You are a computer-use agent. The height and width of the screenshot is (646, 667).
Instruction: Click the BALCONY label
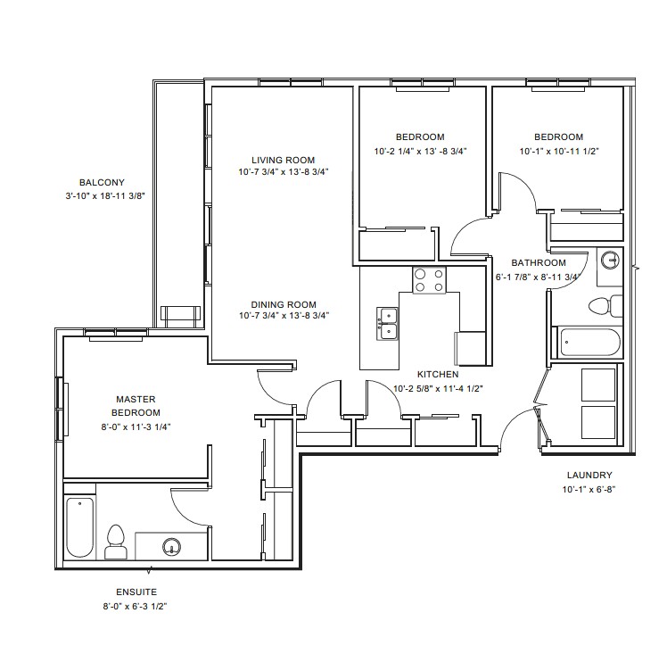102,183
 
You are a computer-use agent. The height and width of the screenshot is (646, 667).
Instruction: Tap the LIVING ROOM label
284,161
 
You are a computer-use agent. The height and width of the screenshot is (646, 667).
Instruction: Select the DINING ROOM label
284,304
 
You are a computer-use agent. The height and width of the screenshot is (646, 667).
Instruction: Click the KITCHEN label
438,375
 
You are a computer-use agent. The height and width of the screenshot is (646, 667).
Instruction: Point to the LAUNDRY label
589,476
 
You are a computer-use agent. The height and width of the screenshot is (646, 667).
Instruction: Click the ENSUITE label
136,592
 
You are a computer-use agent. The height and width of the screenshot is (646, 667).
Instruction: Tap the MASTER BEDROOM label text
136,406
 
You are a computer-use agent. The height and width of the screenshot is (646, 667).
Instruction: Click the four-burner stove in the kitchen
429,280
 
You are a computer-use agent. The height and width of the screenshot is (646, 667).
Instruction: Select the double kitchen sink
387,323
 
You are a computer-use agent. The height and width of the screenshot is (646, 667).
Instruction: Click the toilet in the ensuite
116,542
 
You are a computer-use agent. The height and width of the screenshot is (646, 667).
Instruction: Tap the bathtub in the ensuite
80,527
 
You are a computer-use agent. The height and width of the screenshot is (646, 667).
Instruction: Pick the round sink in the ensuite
171,545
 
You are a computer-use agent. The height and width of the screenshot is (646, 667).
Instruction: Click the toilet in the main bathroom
605,306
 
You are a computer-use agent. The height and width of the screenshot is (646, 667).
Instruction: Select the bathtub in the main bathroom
590,342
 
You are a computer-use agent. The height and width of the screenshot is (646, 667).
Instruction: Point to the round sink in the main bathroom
611,260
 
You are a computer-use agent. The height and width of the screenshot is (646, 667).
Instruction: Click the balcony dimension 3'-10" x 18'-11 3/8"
105,196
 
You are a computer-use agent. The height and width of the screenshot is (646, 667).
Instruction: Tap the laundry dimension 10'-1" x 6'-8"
589,489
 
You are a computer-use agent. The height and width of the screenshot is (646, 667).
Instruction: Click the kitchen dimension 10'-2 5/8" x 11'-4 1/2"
438,388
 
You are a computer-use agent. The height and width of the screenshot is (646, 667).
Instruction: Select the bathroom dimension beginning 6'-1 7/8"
538,277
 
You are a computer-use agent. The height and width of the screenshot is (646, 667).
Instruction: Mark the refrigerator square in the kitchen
471,348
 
